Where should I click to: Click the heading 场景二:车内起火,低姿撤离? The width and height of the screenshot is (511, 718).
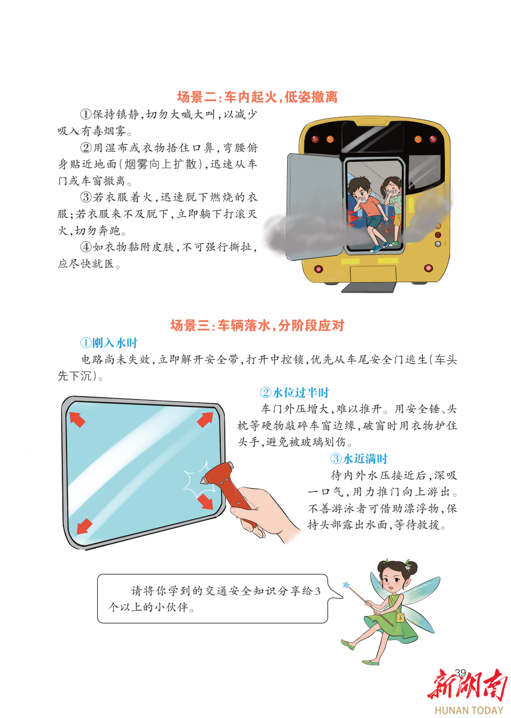click(x=257, y=97)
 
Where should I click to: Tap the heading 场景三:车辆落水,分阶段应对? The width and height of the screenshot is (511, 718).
click(x=257, y=325)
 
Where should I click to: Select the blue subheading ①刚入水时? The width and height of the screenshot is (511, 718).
click(x=109, y=342)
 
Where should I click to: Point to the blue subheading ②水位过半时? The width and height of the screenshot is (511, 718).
click(x=295, y=392)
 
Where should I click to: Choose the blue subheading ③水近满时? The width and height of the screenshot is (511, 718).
click(x=359, y=459)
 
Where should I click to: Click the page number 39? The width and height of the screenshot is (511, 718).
click(x=460, y=672)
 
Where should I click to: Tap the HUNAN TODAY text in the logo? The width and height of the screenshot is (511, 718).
click(x=469, y=710)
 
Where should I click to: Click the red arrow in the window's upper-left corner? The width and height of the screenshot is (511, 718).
click(x=77, y=420)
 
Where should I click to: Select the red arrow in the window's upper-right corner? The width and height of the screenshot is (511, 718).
click(x=205, y=419)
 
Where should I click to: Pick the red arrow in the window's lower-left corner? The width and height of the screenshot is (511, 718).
click(x=84, y=526)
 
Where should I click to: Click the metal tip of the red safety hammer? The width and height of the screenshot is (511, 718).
click(x=203, y=481)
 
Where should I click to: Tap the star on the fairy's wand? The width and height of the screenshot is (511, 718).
click(x=346, y=585)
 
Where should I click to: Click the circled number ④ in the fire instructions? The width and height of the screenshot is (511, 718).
click(x=86, y=247)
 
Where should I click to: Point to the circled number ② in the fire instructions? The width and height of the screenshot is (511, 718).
click(x=86, y=148)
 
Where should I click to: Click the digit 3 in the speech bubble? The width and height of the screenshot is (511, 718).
click(x=317, y=592)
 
